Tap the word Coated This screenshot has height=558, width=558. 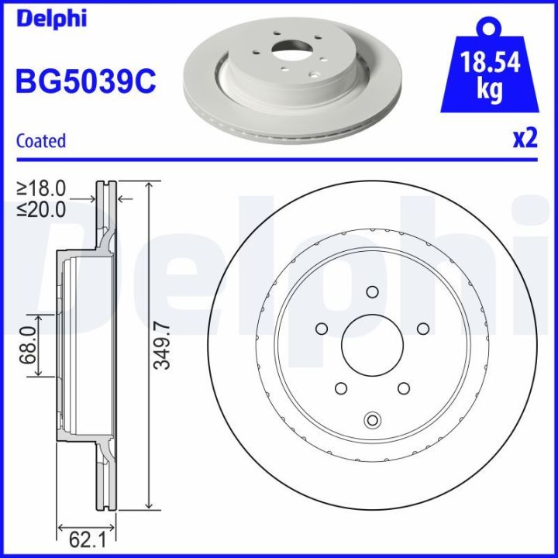coord(41,141)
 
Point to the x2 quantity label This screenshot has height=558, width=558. coord(525,139)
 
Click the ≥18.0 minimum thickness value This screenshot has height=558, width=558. coord(42,188)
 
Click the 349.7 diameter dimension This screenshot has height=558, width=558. coord(161,346)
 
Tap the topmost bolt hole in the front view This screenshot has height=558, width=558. coord(371,292)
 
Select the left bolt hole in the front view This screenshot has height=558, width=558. coord(322,329)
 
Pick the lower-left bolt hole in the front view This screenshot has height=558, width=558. coord(340,387)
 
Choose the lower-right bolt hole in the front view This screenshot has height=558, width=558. coord(402,387)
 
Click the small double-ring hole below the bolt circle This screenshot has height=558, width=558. coord(371,420)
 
